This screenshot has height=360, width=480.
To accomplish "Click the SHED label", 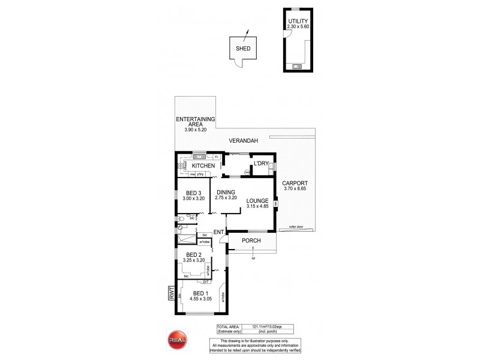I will coord(243,49).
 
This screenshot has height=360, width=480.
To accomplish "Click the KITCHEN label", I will coord(203,165).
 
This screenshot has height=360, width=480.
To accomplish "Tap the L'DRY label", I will coord(261,163).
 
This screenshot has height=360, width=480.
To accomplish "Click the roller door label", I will coord(296,227).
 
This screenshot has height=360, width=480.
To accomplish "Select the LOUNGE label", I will coord(257,202).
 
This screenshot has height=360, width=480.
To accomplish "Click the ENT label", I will coord(218,232).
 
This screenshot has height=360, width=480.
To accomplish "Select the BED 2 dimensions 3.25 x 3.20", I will coord(193,261).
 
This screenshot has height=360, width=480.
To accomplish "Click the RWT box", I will coord(171,295).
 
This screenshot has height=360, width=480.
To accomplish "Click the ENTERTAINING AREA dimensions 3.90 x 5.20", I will coord(195,129).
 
